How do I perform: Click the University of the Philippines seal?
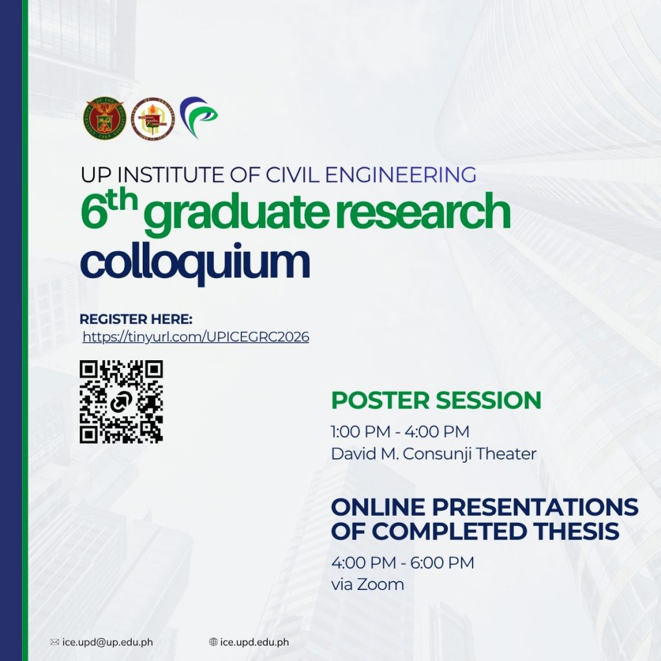point(105,119)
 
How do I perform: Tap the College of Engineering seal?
point(152,119)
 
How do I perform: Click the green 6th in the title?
point(109,209)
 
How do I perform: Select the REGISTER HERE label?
point(136,319)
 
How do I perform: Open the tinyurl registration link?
point(196,337)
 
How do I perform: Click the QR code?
point(121,402)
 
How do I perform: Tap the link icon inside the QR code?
point(121,402)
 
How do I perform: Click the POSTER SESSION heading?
point(436,400)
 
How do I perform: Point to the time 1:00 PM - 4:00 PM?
point(400,432)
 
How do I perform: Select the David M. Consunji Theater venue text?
point(434,454)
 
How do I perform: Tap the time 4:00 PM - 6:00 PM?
point(403,563)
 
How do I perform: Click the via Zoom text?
point(367,585)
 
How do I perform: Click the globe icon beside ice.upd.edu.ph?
point(213,642)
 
